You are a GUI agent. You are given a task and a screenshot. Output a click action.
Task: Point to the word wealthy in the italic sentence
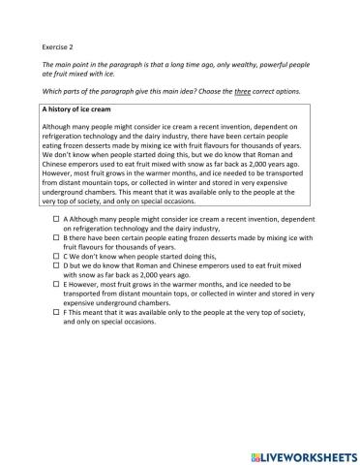click(x=253, y=64)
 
